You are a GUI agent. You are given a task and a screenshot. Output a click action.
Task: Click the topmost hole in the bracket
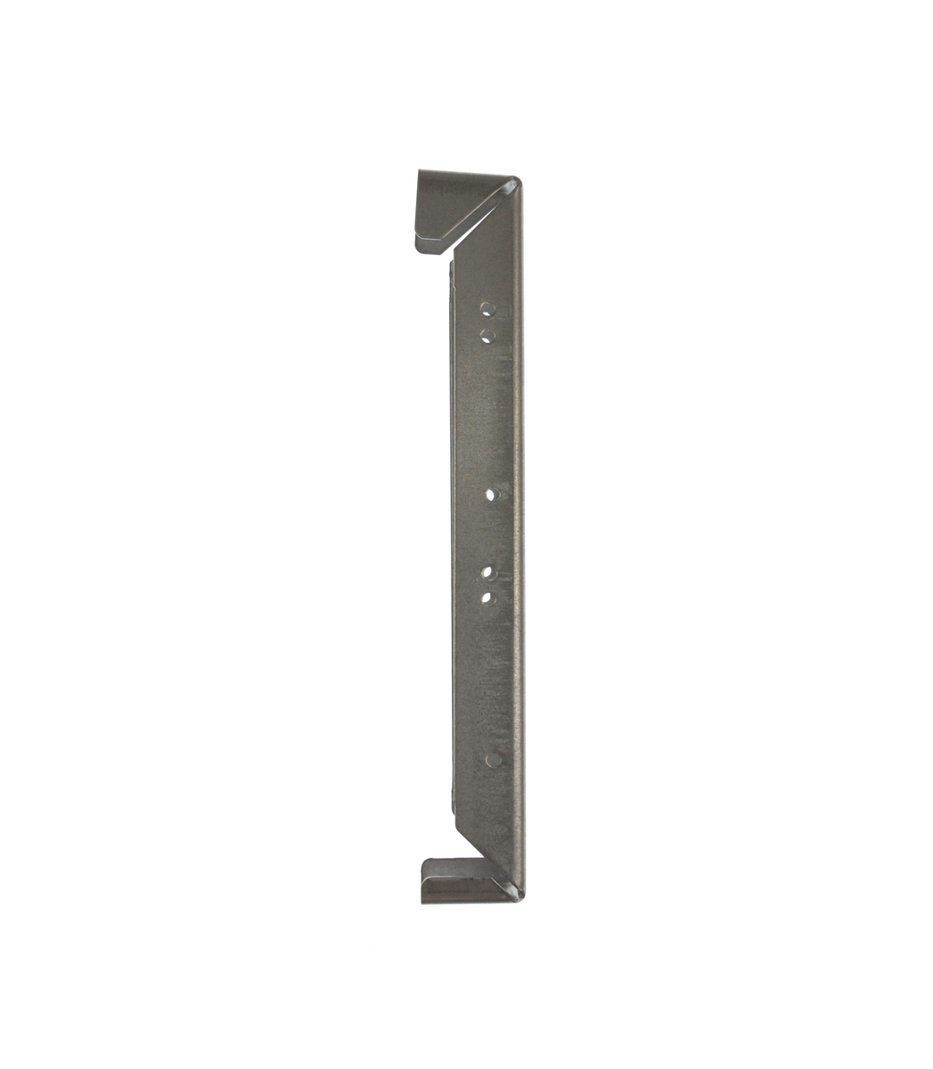point(487,309)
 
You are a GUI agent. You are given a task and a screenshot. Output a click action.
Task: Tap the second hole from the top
point(487,335)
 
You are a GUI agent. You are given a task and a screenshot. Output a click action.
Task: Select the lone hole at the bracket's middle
point(491,494)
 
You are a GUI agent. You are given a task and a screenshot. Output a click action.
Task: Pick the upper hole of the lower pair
point(487,572)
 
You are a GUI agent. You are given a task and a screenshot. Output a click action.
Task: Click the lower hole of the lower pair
point(487,597)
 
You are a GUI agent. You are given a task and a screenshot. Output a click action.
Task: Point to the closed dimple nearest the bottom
point(492,760)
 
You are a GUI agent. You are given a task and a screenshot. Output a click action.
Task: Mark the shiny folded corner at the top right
point(512,185)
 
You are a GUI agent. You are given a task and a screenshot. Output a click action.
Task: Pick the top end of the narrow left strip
point(453,267)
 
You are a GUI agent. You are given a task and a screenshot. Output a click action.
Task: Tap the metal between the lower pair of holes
point(487,584)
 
